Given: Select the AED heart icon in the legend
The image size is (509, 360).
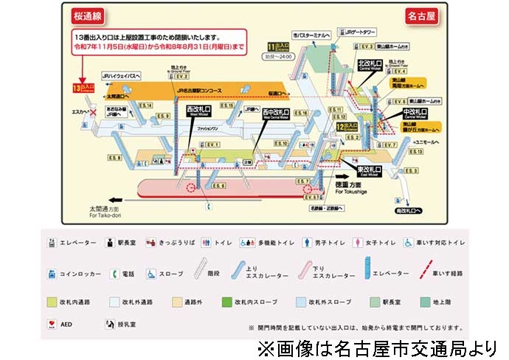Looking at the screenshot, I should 52,324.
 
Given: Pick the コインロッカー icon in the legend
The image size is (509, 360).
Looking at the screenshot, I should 52,274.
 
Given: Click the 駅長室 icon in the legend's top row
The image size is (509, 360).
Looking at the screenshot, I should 109,241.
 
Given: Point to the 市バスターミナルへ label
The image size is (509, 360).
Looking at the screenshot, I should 314,35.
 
